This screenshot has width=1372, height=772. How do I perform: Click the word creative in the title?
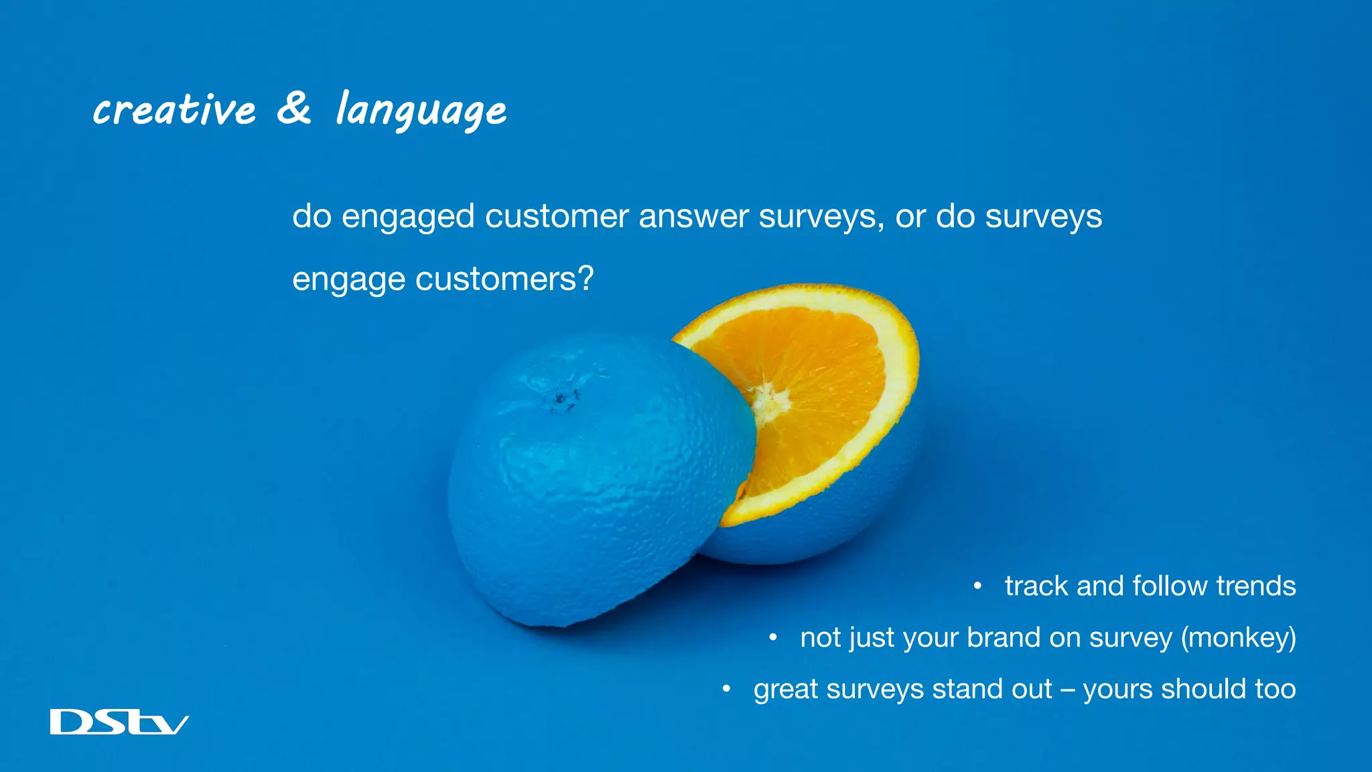[175, 110]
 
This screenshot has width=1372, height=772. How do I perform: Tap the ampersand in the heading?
[295, 108]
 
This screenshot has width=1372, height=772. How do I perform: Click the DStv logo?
[119, 722]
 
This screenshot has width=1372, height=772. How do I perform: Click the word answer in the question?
[693, 216]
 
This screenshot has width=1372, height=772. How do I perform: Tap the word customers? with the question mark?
[504, 279]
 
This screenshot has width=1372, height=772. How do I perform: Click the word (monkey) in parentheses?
[1238, 637]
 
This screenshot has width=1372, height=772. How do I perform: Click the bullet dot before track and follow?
[977, 586]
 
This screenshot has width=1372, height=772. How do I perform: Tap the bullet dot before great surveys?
[726, 689]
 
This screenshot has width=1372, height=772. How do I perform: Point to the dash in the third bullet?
[1067, 690]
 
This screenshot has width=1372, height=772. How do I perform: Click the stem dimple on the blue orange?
[562, 399]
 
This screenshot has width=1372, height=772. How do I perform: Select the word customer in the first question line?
[557, 216]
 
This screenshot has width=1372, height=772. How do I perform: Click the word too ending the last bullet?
[1276, 689]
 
